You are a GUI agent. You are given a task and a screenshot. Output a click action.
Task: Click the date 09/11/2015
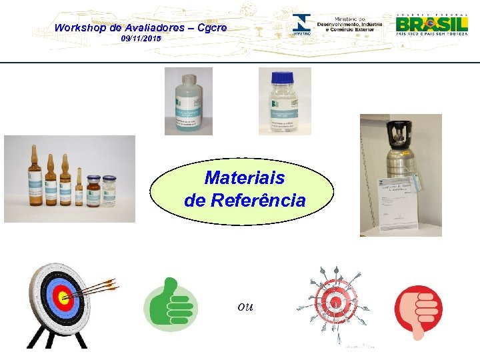141,40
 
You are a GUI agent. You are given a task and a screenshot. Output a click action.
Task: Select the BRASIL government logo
432,24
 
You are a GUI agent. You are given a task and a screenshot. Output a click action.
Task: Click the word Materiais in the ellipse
244,178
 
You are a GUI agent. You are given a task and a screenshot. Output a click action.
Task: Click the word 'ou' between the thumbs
245,306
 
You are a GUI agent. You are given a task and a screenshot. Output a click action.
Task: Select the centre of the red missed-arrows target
336,302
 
